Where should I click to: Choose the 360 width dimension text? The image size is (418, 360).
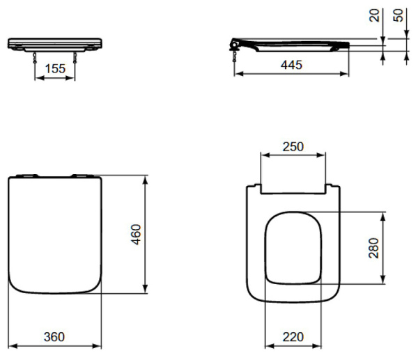[x=54, y=337]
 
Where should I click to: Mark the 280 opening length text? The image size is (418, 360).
[x=373, y=248]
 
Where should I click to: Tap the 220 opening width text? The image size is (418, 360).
[x=292, y=337]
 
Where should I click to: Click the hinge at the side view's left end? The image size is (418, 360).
[x=236, y=45]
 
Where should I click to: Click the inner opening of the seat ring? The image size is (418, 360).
[x=293, y=247]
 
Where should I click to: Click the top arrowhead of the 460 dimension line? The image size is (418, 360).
[x=144, y=180]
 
